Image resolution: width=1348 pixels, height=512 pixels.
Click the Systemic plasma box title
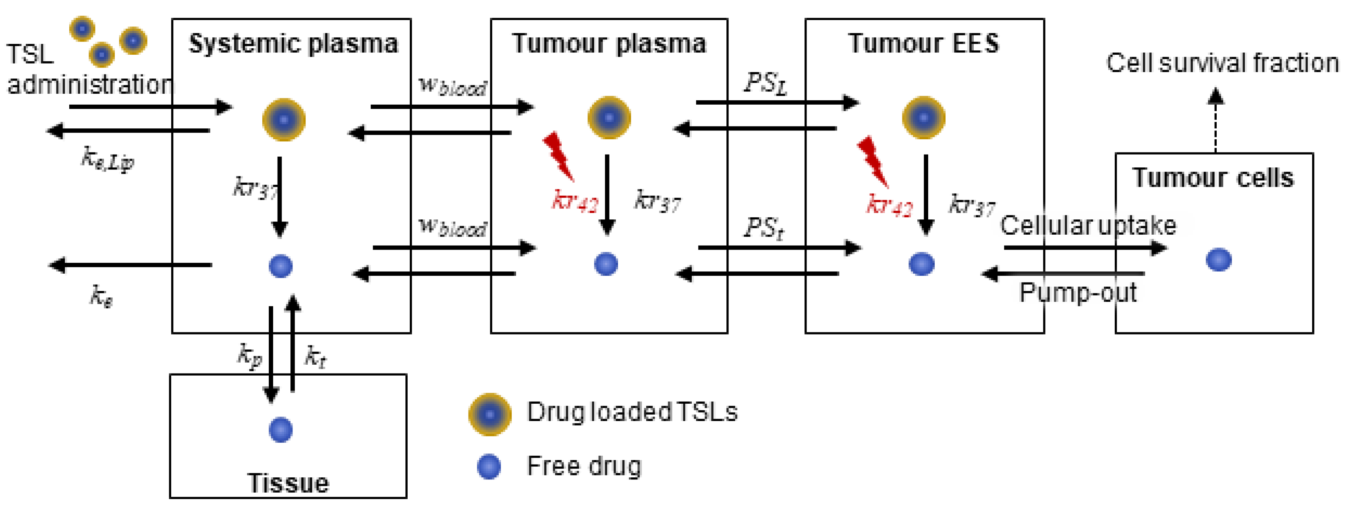(293, 43)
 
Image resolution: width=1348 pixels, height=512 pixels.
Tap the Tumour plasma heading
(609, 43)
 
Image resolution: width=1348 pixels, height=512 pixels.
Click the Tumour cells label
(1213, 178)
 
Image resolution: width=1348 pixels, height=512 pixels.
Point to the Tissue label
(288, 483)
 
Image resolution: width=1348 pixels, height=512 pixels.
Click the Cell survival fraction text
(1221, 63)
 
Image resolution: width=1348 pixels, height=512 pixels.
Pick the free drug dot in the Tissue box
(280, 430)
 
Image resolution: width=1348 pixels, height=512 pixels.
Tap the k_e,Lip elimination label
(107, 159)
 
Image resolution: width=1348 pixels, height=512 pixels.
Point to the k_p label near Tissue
(249, 356)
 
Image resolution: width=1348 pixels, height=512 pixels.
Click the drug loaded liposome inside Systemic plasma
(284, 120)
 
